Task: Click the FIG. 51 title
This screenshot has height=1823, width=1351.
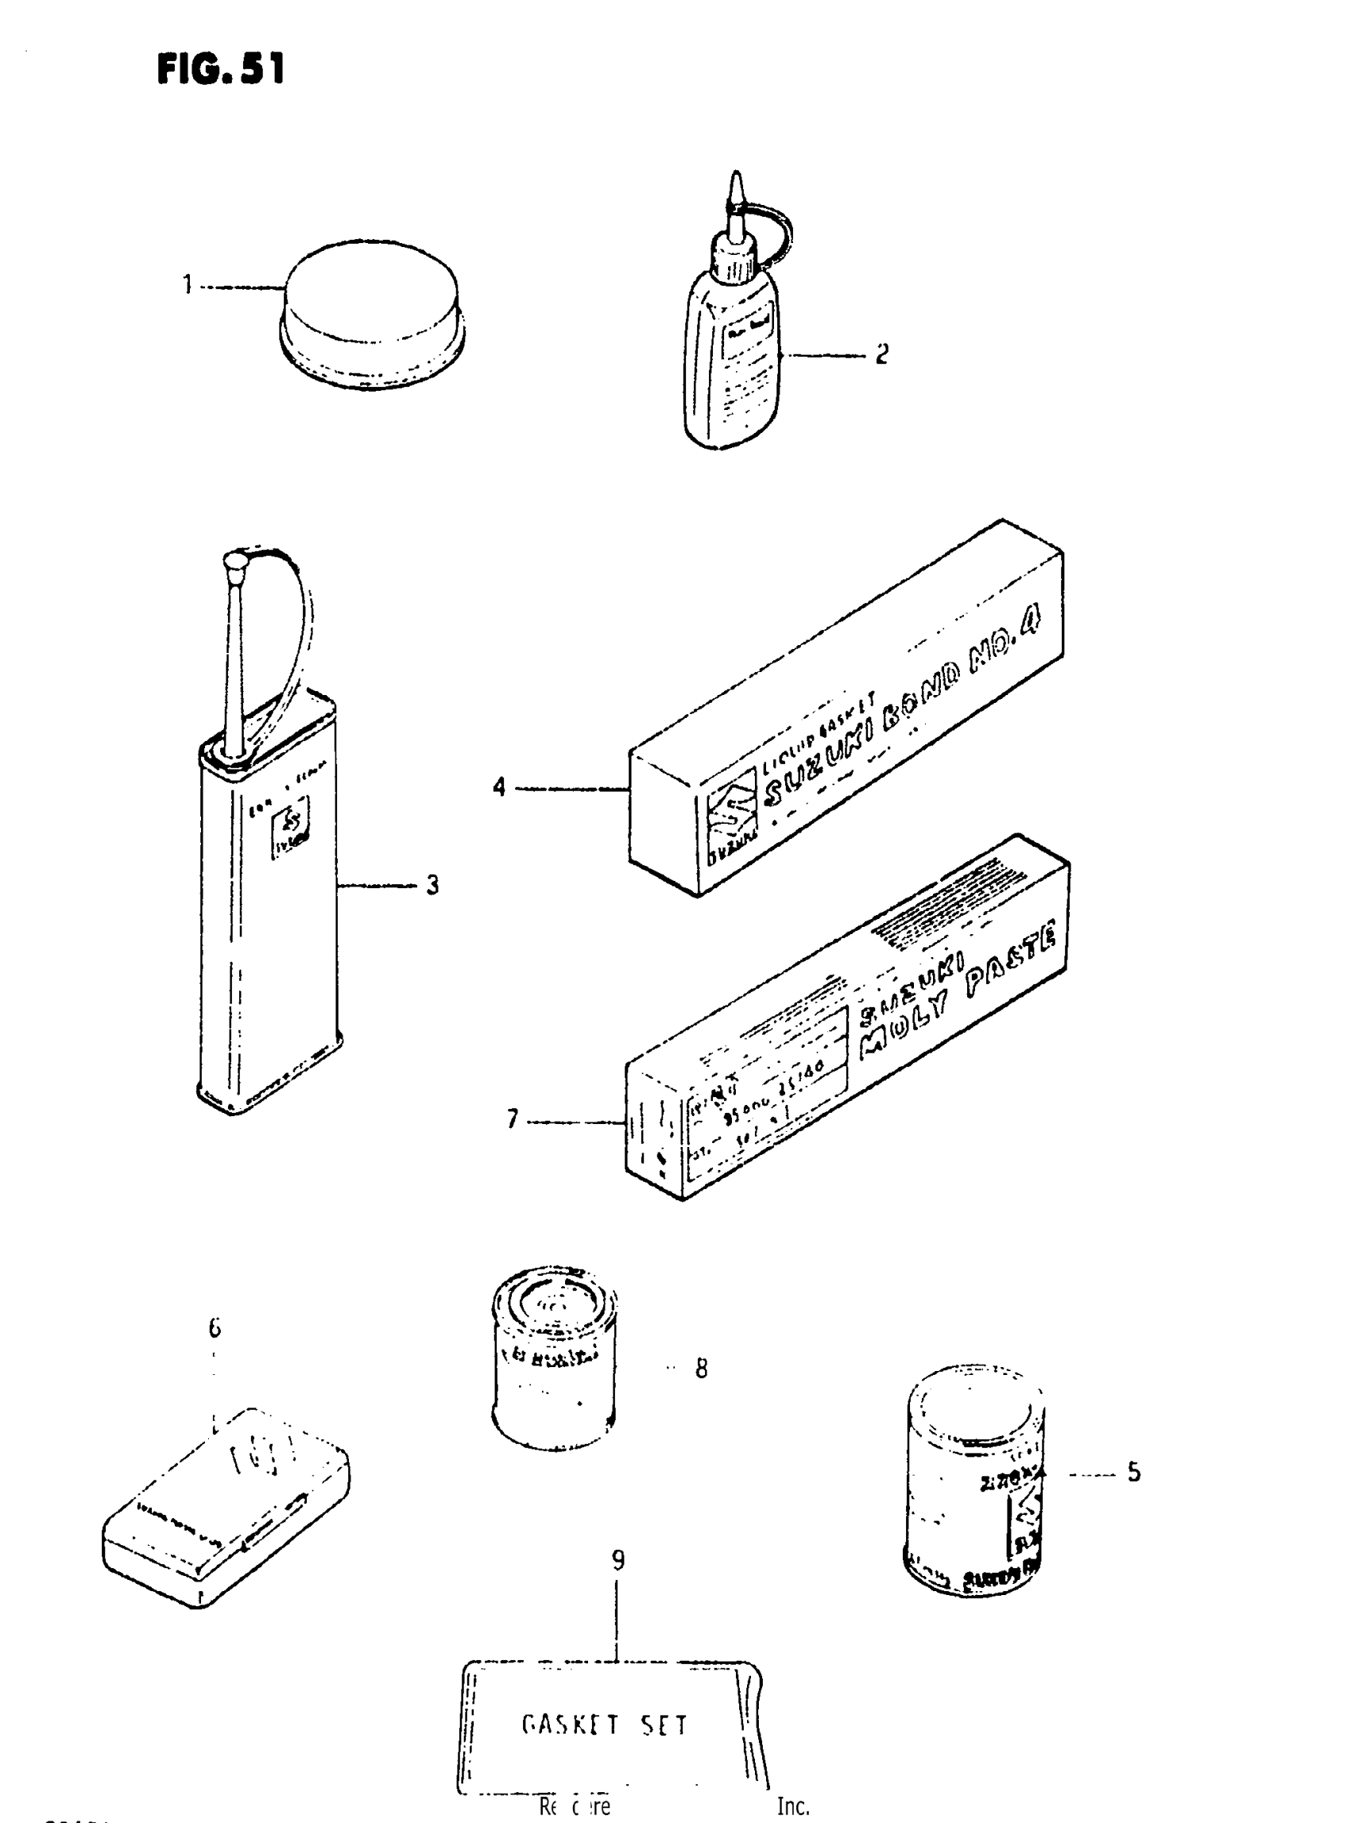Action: coord(221,68)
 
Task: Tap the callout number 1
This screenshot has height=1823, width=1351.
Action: coord(188,285)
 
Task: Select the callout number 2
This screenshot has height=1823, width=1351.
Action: coord(881,354)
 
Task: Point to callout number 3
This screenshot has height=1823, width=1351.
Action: coord(432,885)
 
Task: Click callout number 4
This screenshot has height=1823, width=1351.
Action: coord(499,788)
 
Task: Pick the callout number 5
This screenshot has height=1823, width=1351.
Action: coord(1133,1472)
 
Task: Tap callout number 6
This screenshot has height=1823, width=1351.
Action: coord(215,1328)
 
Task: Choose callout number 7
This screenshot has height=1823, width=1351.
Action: coord(513,1118)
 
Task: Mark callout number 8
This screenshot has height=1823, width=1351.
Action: coord(701,1369)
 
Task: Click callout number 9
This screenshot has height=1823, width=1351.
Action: coord(618,1561)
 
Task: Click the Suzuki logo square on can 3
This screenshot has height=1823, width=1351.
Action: coord(290,825)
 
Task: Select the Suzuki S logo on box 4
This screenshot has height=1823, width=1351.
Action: coord(730,809)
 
